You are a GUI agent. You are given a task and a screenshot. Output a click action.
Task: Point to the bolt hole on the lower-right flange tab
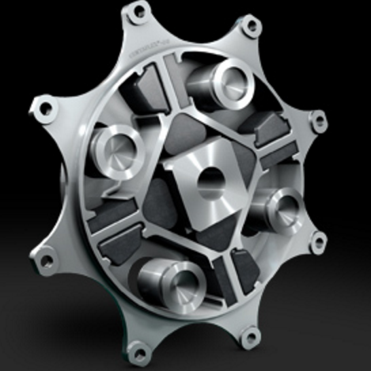pos(316,239)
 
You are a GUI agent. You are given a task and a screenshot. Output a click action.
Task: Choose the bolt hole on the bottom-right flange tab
pos(251,334)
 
